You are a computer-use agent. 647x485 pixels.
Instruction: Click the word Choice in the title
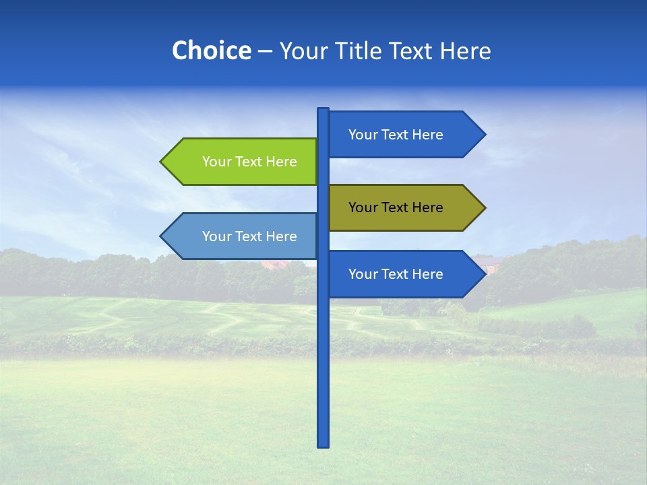click(x=211, y=51)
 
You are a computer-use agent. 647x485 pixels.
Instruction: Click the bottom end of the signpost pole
click(x=323, y=445)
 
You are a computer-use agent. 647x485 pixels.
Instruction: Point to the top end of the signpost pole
click(x=323, y=110)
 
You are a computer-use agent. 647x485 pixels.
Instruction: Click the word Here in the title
click(x=466, y=51)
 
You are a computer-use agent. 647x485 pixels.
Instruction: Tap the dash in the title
click(x=265, y=51)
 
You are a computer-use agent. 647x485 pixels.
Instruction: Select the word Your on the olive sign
click(x=363, y=207)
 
